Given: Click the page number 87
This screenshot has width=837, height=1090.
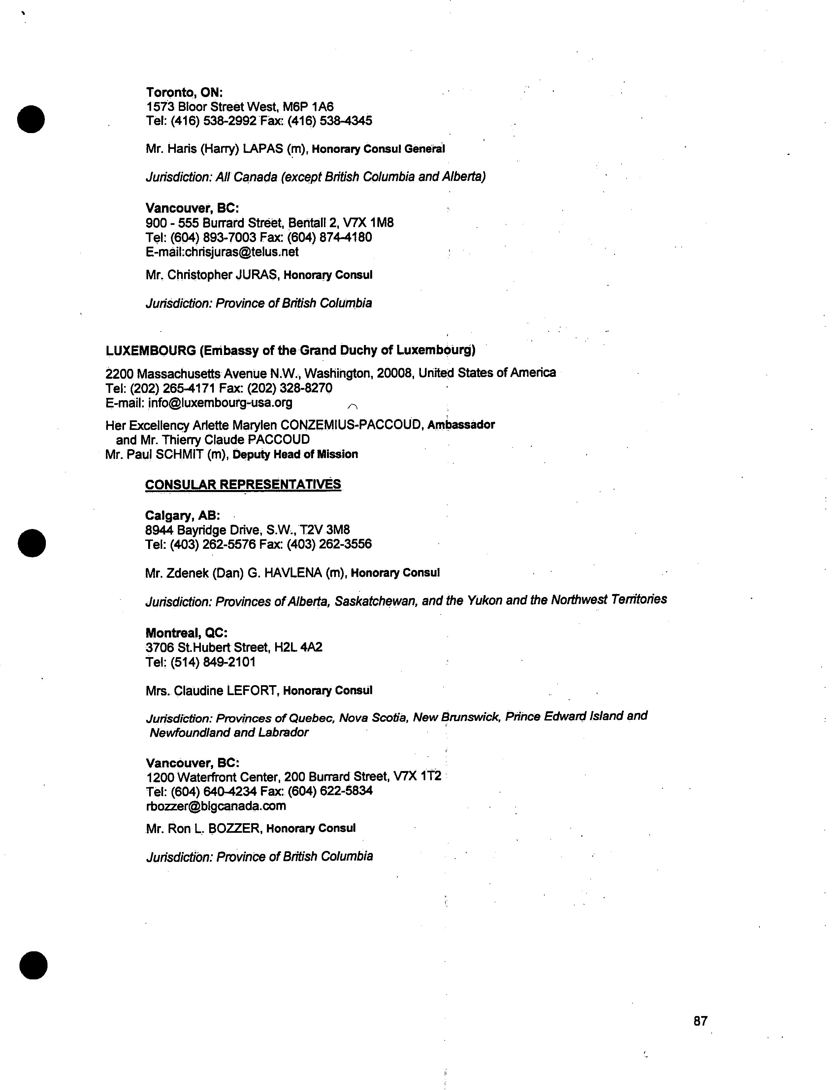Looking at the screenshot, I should [x=700, y=1021].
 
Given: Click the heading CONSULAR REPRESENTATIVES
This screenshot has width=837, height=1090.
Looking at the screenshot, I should [x=243, y=484].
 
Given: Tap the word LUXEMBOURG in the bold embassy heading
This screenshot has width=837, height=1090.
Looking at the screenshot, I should [x=150, y=351].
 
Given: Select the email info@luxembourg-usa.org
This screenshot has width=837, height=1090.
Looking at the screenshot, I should [x=220, y=403].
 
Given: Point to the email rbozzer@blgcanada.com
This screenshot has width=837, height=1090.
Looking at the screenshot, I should [x=216, y=806].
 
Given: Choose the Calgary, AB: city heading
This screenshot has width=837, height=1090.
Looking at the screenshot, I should [x=182, y=515].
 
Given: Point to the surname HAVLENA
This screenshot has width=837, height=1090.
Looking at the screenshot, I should [x=293, y=573].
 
